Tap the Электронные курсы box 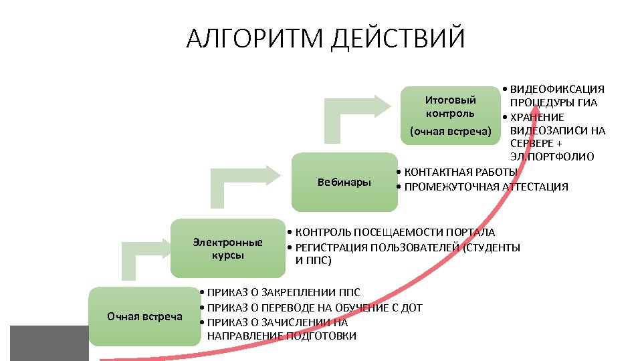227,248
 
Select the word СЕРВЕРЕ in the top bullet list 532,144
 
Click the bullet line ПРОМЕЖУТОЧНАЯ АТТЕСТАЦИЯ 486,187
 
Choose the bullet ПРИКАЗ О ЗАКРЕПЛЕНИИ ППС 284,293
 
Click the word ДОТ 411,308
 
